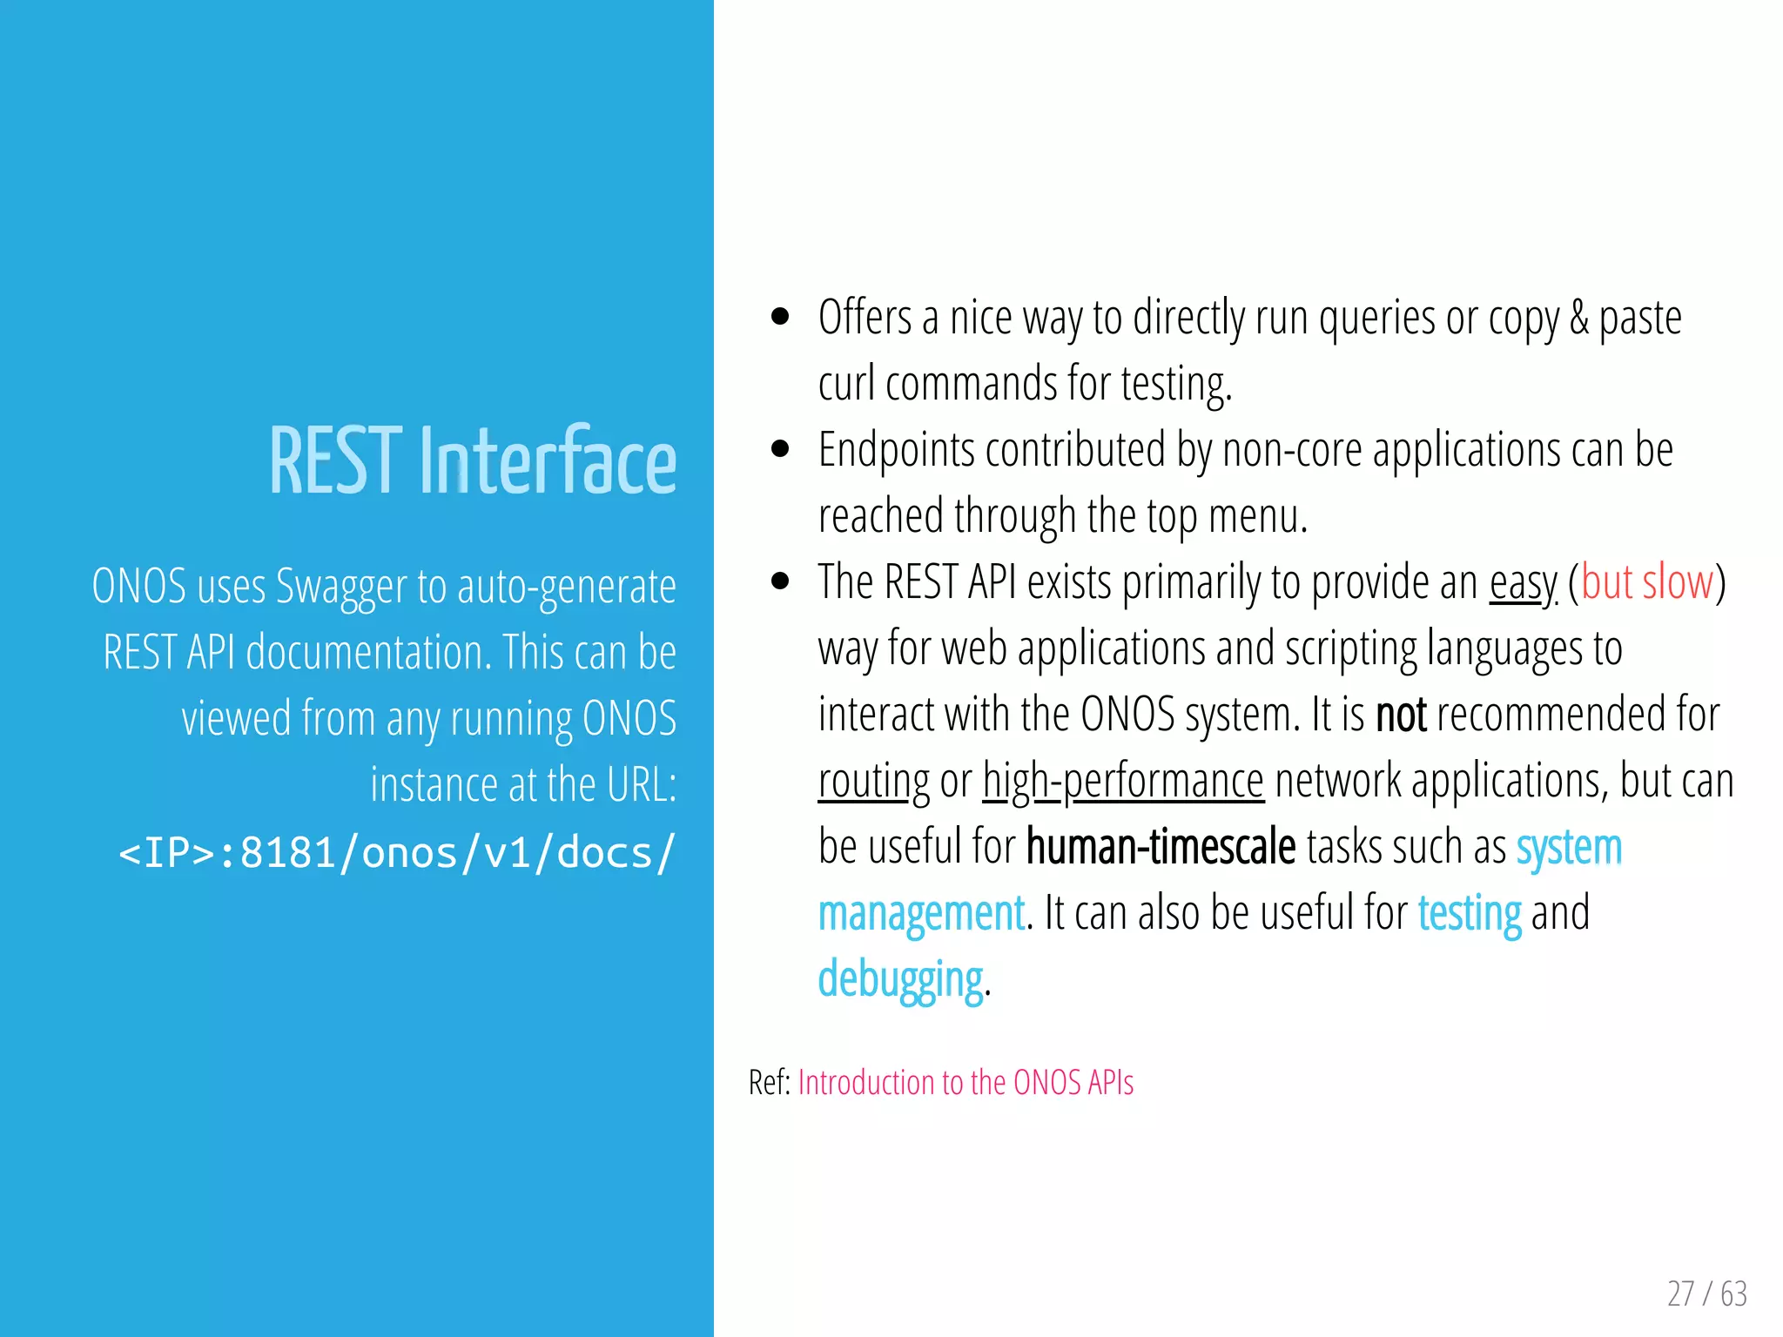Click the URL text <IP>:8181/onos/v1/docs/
[396, 853]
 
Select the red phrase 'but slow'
[1646, 582]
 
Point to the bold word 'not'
[1401, 715]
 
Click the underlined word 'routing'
[873, 782]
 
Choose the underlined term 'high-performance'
[1123, 782]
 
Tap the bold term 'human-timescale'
[1161, 847]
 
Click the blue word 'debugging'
[900, 980]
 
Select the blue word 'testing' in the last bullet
[1470, 914]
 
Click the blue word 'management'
[921, 914]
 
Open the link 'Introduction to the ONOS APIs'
[966, 1083]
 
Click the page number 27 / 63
[1706, 1293]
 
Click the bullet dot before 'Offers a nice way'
[780, 317]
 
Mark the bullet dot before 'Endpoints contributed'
[780, 449]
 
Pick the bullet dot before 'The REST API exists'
[780, 581]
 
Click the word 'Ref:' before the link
[770, 1083]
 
